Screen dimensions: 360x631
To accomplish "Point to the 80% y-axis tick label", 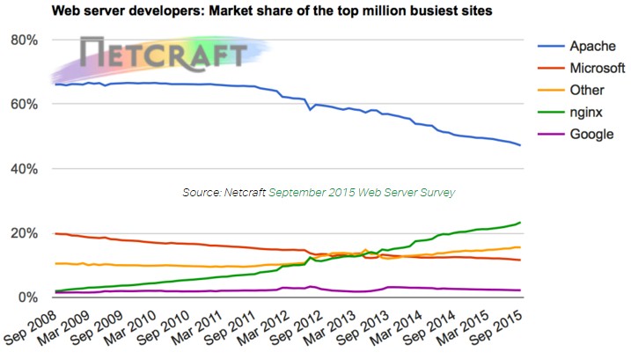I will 24,40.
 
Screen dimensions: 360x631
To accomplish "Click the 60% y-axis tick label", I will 24,105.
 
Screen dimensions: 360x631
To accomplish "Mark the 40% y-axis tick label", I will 24,169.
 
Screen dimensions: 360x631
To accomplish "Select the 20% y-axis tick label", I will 24,233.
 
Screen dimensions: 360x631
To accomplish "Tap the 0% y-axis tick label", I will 27,298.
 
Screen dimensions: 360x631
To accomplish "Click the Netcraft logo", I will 163,55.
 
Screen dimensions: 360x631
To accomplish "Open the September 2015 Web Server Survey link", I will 362,192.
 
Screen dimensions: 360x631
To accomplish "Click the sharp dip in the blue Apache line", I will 309,111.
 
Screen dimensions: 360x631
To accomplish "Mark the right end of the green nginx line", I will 520,223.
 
